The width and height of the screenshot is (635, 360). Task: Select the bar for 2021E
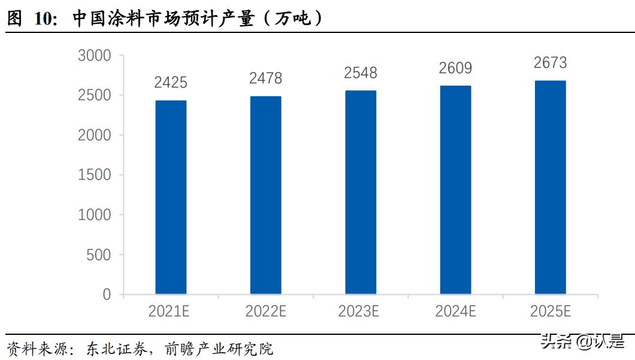point(171,197)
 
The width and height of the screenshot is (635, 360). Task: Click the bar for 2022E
point(265,195)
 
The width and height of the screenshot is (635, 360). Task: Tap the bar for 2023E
point(361,192)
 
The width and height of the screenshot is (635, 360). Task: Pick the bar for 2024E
point(455,190)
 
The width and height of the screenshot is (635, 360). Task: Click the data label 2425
point(171,83)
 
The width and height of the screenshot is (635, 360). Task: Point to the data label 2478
point(265,78)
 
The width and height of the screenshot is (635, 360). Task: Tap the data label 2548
point(361,73)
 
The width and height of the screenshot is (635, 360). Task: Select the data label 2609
point(455,68)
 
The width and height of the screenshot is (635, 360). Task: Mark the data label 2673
point(550,63)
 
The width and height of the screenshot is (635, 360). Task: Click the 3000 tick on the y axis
point(95,56)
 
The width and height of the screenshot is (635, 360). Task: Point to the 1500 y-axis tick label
point(95,175)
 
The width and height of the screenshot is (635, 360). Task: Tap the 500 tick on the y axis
point(99,255)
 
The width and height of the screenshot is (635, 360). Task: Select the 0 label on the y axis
point(107,295)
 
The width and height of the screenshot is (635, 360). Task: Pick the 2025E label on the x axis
point(550,311)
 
